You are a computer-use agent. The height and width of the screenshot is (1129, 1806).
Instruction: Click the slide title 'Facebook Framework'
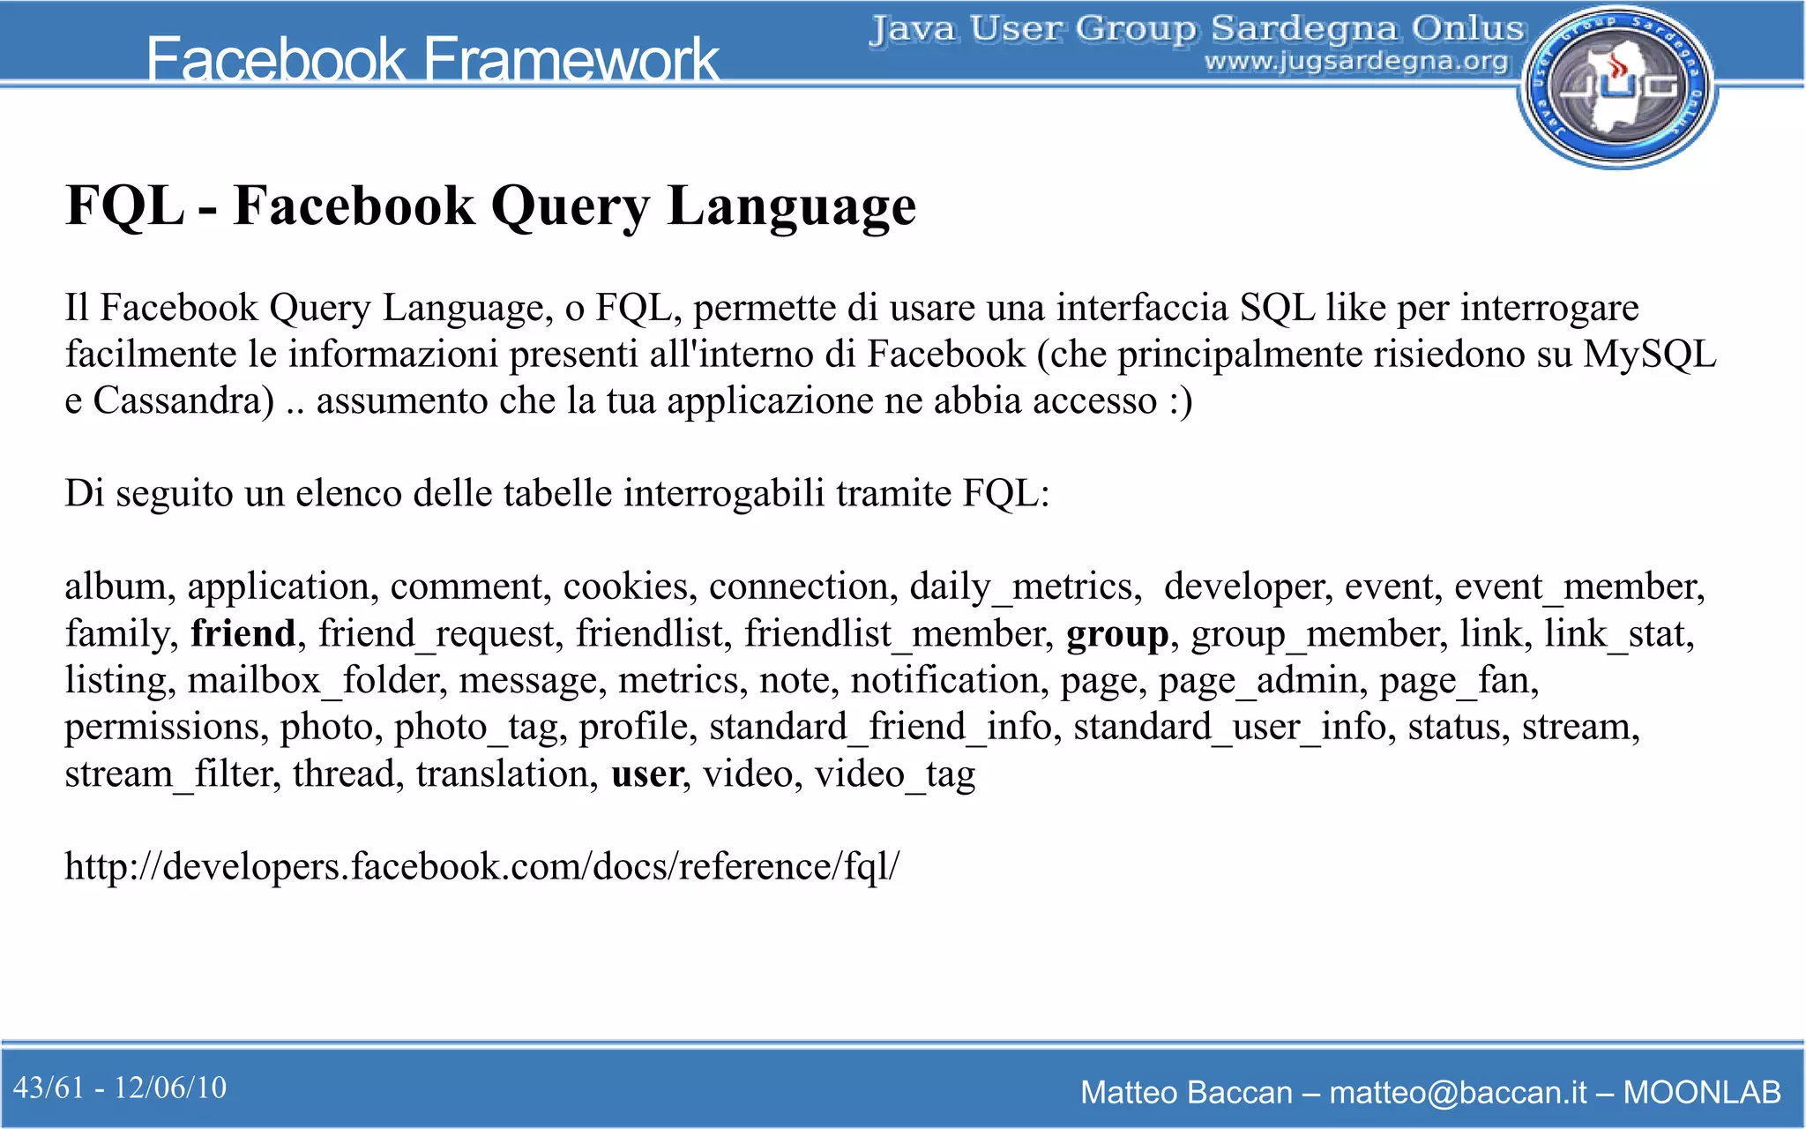point(432,59)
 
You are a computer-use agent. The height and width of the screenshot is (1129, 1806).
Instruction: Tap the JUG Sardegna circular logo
point(1617,86)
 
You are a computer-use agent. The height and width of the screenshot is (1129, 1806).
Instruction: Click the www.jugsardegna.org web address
point(1356,62)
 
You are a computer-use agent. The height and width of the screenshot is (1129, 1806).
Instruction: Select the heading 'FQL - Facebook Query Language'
point(490,206)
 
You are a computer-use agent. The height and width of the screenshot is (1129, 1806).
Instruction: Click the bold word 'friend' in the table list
point(243,633)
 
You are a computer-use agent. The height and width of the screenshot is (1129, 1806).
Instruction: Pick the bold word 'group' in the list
point(1116,633)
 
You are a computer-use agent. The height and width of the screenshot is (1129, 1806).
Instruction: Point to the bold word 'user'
point(646,774)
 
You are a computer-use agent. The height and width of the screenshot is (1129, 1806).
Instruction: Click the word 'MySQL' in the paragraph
point(1649,355)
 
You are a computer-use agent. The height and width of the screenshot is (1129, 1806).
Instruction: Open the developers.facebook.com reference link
point(481,866)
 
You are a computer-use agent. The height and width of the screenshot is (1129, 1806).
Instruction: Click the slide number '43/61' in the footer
point(49,1088)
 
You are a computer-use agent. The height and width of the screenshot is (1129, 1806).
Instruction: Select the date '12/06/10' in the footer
point(170,1088)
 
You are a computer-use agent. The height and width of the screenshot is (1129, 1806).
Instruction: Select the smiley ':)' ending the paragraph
point(1180,401)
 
